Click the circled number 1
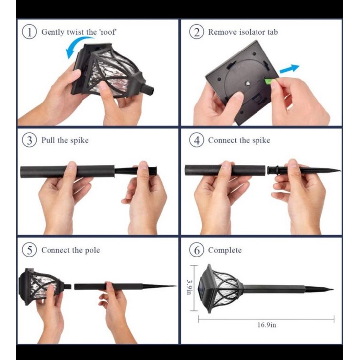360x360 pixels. tap(29, 32)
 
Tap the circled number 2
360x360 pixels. tap(196, 32)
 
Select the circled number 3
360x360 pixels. tap(29, 140)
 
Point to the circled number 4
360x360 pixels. tap(196, 140)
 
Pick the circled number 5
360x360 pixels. tap(29, 250)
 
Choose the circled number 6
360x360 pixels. tap(196, 250)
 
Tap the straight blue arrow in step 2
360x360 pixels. tap(289, 69)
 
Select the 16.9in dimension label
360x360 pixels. tap(267, 325)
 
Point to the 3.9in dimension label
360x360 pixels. tap(189, 287)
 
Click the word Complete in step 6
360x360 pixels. tap(225, 250)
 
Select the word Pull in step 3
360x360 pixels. tap(48, 140)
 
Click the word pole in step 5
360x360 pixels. tap(92, 250)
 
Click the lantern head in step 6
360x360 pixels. tap(220, 289)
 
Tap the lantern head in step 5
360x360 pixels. tap(44, 287)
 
